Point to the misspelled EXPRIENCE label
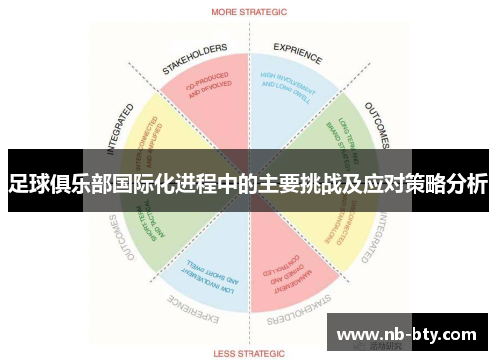tap(297, 49)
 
